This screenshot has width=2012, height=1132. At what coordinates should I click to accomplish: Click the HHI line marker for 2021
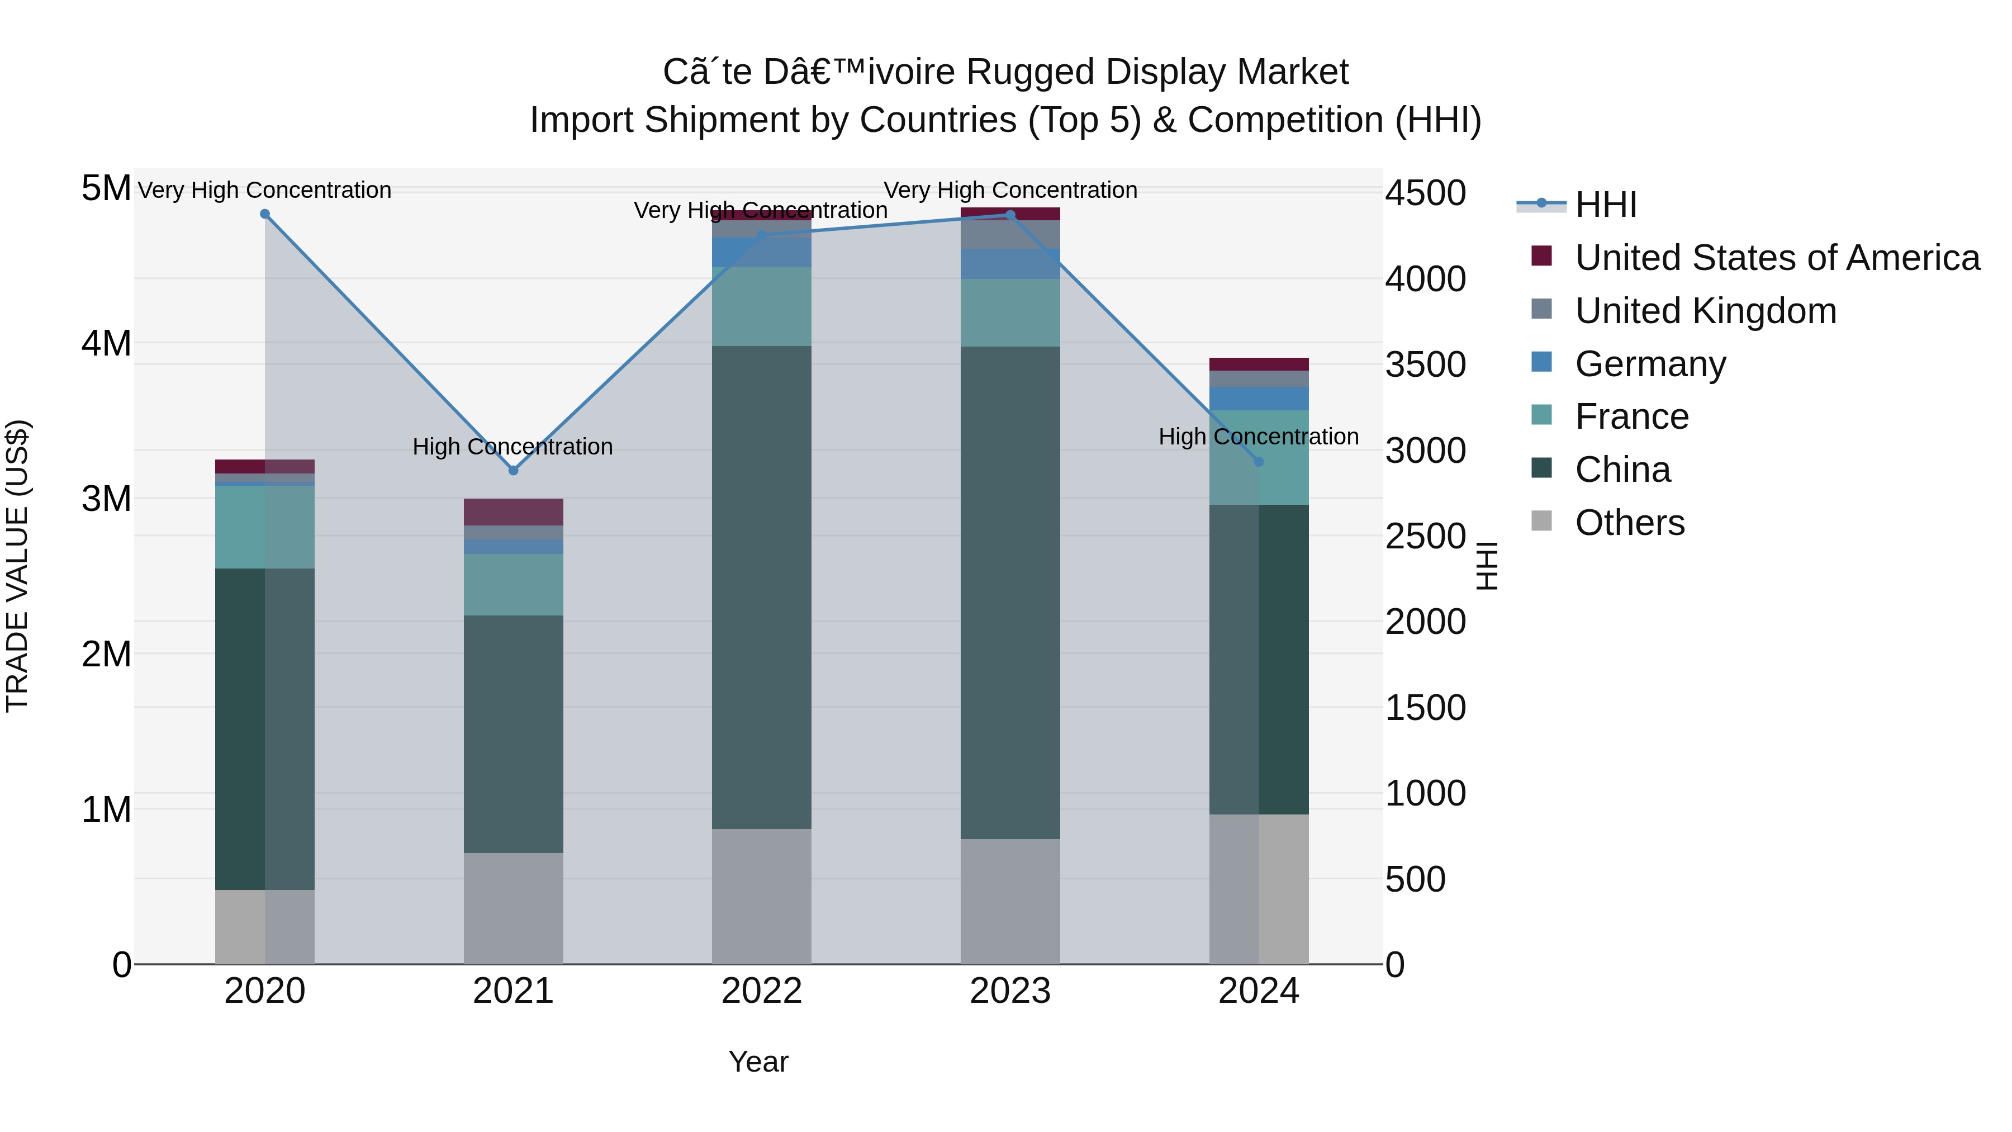[x=513, y=470]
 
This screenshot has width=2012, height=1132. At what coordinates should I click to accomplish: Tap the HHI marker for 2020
[x=265, y=214]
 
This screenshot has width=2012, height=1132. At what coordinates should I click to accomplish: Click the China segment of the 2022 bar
[x=762, y=586]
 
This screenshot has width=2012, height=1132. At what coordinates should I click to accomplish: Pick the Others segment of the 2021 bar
[x=513, y=908]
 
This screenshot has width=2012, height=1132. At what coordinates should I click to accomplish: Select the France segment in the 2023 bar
[x=1010, y=312]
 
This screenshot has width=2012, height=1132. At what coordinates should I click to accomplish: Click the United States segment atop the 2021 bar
[x=513, y=511]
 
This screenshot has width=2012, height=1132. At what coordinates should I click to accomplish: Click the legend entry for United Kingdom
[x=1705, y=311]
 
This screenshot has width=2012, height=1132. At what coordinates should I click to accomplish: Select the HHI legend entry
[x=1605, y=205]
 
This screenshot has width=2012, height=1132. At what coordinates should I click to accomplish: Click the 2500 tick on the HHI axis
[x=1425, y=537]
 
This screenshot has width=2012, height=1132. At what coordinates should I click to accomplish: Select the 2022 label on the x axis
[x=762, y=991]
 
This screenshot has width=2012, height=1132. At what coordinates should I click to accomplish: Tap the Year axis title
[x=758, y=1062]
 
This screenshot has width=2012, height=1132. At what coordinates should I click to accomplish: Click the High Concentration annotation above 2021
[x=513, y=447]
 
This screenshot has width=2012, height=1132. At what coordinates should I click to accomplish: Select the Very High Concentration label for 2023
[x=1010, y=190]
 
